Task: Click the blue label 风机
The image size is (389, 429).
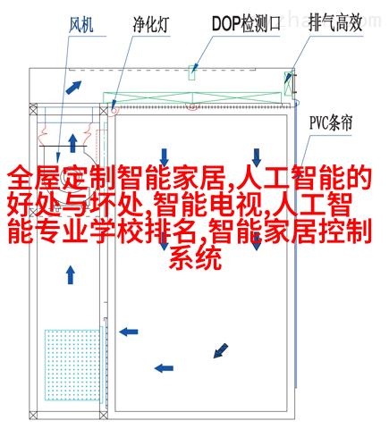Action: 81,25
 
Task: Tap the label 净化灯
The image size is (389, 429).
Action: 151,25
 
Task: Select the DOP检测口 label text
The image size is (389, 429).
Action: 246,24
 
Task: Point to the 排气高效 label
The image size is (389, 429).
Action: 335,23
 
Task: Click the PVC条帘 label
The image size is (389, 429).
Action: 331,122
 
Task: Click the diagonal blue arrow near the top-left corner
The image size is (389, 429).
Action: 73,87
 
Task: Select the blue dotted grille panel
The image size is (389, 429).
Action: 72,365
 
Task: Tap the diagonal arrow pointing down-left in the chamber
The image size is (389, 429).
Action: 221,350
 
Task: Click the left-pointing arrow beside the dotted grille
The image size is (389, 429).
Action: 129,332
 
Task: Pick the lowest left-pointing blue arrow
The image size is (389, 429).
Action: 164,368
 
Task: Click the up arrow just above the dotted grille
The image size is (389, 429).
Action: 71,275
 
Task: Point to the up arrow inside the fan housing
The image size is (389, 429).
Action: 72,143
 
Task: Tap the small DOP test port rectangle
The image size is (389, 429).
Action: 192,72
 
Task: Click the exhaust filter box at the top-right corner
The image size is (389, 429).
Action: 289,83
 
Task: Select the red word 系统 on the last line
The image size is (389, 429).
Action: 196,258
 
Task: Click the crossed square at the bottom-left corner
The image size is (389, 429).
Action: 33,415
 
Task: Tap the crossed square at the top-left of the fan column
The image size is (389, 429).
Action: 33,109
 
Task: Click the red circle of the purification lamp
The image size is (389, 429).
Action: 114,110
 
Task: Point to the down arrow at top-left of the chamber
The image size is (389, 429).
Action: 165,156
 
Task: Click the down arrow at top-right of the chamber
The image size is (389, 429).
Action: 257,157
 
